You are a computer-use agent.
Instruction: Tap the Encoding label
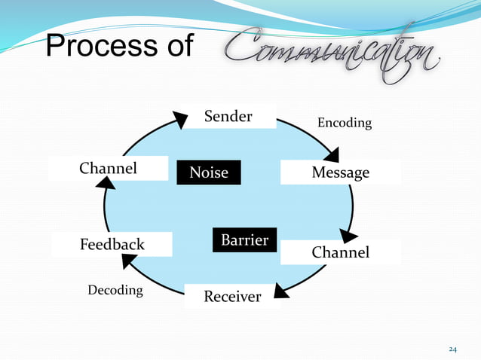(x=344, y=123)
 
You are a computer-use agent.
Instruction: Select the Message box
(x=340, y=173)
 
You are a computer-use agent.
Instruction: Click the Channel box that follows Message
(x=340, y=252)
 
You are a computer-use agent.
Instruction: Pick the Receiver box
(x=232, y=296)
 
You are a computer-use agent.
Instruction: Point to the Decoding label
(x=115, y=290)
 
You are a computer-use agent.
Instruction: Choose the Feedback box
(x=112, y=245)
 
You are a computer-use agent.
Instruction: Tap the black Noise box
(x=208, y=172)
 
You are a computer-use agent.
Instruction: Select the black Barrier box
(x=244, y=240)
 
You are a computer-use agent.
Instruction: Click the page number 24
(x=452, y=349)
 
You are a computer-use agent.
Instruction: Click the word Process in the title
(x=91, y=47)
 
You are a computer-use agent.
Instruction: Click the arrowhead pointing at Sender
(x=180, y=119)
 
